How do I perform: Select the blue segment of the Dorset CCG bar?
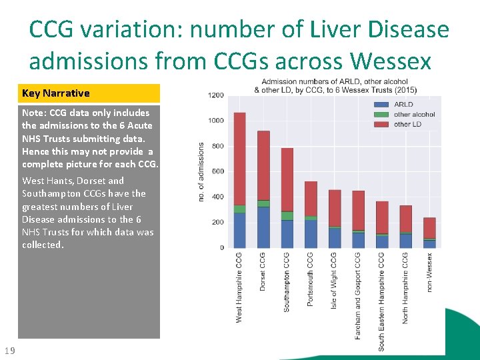[263, 227]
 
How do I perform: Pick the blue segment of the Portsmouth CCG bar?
[311, 234]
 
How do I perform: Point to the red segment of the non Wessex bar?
[429, 227]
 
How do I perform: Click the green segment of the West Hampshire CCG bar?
[239, 209]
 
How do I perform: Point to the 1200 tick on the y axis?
[215, 95]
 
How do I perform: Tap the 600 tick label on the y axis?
[217, 171]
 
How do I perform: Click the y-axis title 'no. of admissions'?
[202, 171]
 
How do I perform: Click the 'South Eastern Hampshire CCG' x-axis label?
[382, 301]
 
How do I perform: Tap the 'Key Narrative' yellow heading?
[89, 93]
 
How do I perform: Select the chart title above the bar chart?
[335, 85]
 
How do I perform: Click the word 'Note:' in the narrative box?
[35, 113]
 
